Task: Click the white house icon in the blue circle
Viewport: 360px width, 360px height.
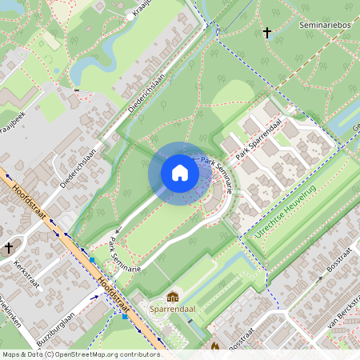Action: pyautogui.click(x=179, y=173)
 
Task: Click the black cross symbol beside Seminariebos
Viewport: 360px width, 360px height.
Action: pyautogui.click(x=266, y=33)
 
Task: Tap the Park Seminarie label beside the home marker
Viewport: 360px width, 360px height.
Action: pyautogui.click(x=218, y=175)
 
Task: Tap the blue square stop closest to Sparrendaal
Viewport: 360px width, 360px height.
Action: pyautogui.click(x=125, y=316)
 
